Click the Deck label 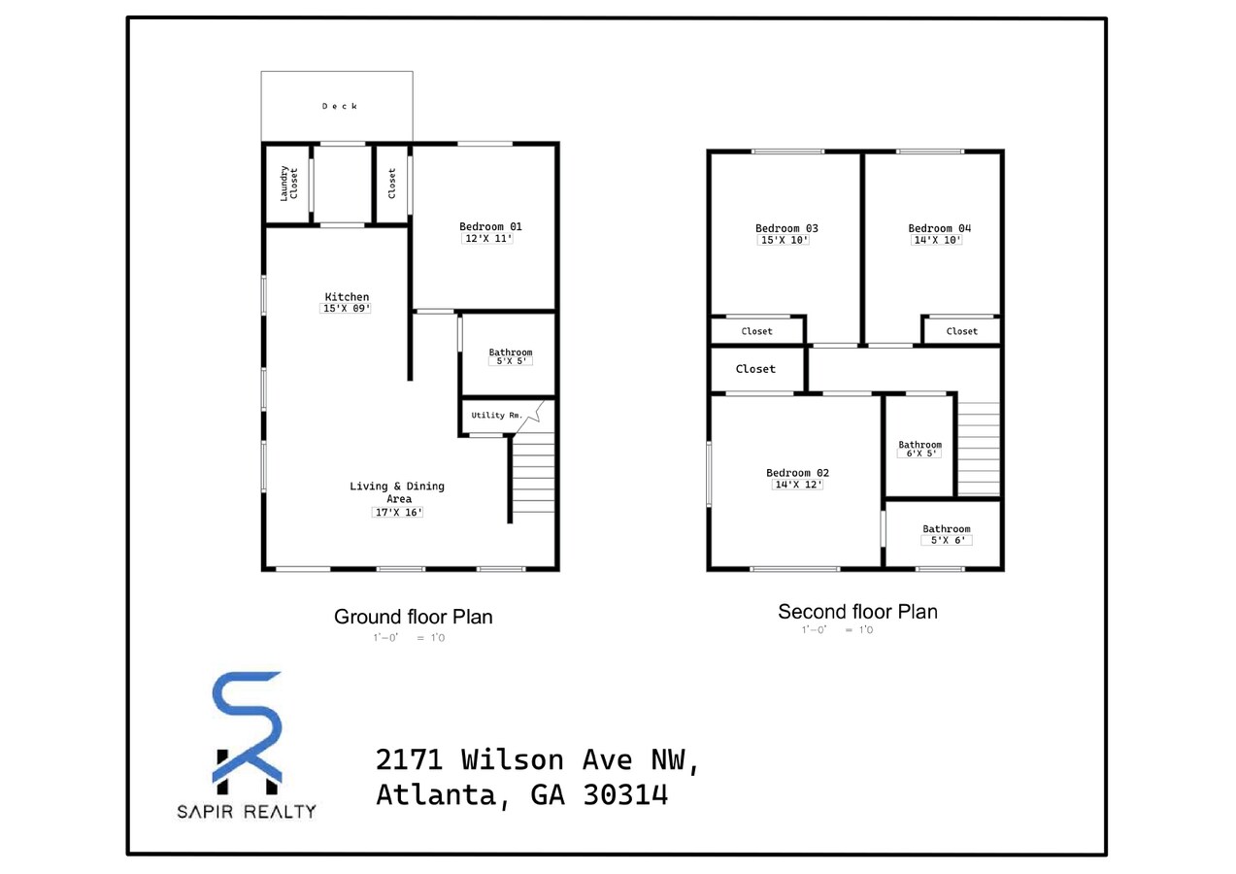(x=340, y=106)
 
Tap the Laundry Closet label (x=288, y=184)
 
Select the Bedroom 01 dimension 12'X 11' (x=486, y=238)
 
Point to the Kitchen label (x=347, y=297)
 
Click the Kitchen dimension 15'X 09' (x=347, y=309)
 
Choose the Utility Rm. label (x=496, y=416)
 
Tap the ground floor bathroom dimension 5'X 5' (x=510, y=361)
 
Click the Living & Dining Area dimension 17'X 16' (x=398, y=513)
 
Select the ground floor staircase (x=532, y=476)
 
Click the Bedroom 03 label (x=782, y=228)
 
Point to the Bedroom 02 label (x=797, y=473)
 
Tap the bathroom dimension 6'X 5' (x=919, y=454)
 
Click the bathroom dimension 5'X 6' (x=946, y=541)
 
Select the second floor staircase (x=979, y=449)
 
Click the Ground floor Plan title (x=413, y=617)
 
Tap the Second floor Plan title (x=857, y=612)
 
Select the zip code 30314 (x=626, y=795)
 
